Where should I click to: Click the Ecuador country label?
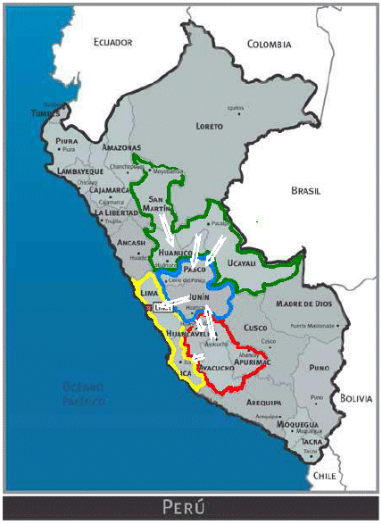click(x=113, y=42)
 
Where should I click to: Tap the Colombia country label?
click(x=269, y=44)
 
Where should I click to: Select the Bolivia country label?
click(x=353, y=397)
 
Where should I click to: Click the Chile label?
click(x=324, y=478)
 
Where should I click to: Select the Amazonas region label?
click(x=122, y=147)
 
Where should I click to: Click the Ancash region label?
click(x=130, y=242)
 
